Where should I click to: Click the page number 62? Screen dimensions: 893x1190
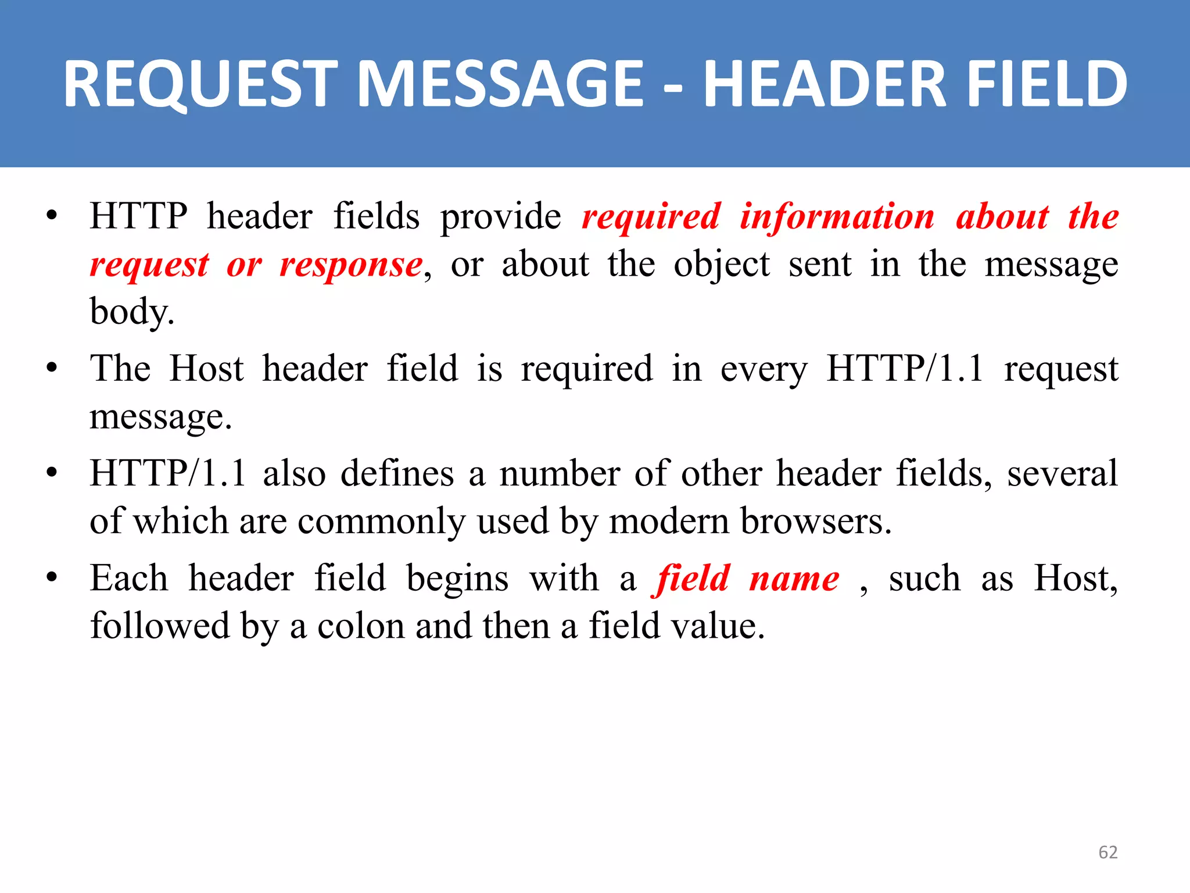click(x=1107, y=852)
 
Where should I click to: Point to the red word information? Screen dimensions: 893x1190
click(x=837, y=216)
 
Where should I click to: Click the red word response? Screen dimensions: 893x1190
click(x=351, y=265)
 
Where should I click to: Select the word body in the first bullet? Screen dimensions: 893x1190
click(x=131, y=312)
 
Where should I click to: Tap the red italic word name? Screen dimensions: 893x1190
click(x=794, y=579)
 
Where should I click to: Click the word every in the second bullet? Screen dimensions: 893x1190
click(x=764, y=370)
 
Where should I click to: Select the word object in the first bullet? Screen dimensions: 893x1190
click(x=721, y=265)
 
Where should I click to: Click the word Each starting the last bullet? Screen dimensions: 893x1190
click(x=129, y=579)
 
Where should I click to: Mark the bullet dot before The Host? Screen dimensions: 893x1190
click(x=52, y=369)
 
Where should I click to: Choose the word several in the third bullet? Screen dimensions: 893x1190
click(x=1062, y=473)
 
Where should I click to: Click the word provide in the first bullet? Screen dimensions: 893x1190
click(x=500, y=217)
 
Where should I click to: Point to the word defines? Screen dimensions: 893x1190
click(x=397, y=473)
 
